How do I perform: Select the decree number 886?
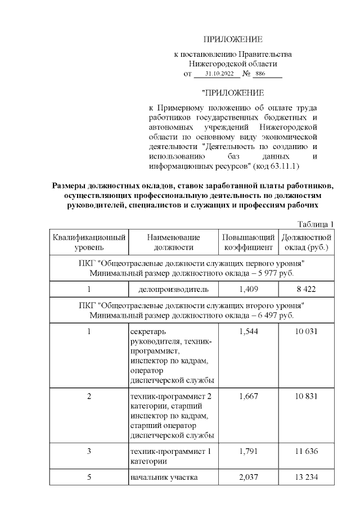pyautogui.click(x=260, y=74)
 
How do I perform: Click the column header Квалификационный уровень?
pyautogui.click(x=89, y=242)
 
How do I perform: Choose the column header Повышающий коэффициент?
pyautogui.click(x=249, y=242)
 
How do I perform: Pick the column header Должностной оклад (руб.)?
pyautogui.click(x=307, y=242)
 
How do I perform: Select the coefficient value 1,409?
pyautogui.click(x=249, y=289)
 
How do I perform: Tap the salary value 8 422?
pyautogui.click(x=307, y=289)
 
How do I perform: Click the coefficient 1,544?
pyautogui.click(x=249, y=331)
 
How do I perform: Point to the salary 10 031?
pyautogui.click(x=307, y=331)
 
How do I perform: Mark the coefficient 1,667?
pyautogui.click(x=249, y=396)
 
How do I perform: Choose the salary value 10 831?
pyautogui.click(x=307, y=396)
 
